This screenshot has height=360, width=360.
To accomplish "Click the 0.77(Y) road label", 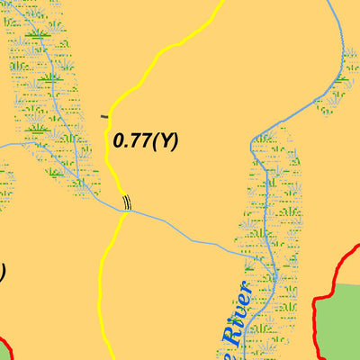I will pyautogui.click(x=146, y=141).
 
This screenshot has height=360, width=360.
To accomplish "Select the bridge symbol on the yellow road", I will pyautogui.click(x=127, y=202).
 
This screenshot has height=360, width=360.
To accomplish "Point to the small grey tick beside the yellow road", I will pyautogui.click(x=105, y=116).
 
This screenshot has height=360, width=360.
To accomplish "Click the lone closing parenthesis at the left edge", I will pyautogui.click(x=3, y=271).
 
